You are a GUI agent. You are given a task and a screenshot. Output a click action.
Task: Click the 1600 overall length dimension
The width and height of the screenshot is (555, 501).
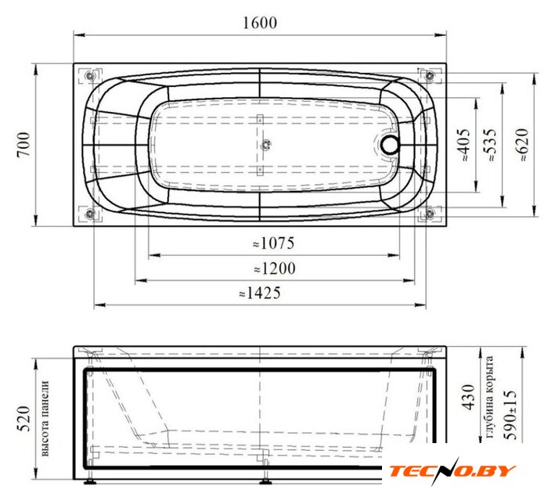pyautogui.click(x=260, y=23)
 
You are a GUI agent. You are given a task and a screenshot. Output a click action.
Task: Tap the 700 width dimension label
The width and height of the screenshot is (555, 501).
pyautogui.click(x=24, y=145)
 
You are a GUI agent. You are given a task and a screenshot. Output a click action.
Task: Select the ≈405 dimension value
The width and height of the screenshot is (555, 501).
pyautogui.click(x=464, y=145)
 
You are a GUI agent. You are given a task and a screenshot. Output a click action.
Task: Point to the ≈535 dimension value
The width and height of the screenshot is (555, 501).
pyautogui.click(x=491, y=145)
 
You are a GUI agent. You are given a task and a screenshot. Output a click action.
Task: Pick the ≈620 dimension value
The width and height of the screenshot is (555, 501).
pyautogui.click(x=522, y=145)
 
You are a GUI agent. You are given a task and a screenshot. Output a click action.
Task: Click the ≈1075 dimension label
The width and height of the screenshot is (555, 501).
pyautogui.click(x=274, y=243)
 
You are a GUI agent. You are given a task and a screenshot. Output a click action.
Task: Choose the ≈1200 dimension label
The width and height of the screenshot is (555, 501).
pyautogui.click(x=275, y=269)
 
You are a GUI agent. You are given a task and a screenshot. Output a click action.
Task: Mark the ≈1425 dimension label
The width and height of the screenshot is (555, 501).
pyautogui.click(x=260, y=293)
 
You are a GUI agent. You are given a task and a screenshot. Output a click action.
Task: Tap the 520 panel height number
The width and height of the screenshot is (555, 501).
pyautogui.click(x=24, y=419)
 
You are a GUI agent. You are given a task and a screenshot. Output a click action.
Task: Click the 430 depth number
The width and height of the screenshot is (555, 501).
pyautogui.click(x=469, y=397)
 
